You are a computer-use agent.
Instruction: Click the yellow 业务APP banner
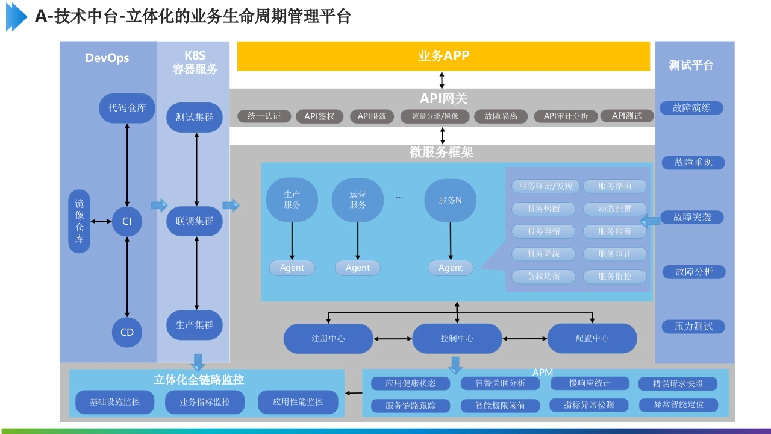pos(443,56)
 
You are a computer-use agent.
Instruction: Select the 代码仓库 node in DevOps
pos(126,108)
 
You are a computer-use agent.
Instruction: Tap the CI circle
pos(126,221)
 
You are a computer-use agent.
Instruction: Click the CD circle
pos(126,332)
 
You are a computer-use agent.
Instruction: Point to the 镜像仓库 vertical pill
pos(79,221)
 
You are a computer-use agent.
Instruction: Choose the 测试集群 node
pos(195,117)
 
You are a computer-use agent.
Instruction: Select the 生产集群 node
pos(195,325)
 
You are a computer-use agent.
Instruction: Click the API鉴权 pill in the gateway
pos(319,116)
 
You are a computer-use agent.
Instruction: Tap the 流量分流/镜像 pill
pos(435,116)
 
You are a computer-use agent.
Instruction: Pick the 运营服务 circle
pos(358,200)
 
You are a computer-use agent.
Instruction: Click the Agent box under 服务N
pos(451,268)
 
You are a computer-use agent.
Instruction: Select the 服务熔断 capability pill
pos(543,209)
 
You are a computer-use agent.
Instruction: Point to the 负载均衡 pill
pos(543,276)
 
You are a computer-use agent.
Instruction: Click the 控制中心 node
pos(457,338)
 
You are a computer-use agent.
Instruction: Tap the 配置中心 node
pos(592,338)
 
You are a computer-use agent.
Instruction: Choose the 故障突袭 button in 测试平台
pos(692,217)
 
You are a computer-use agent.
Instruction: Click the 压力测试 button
pos(693,326)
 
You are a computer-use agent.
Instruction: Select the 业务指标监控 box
pos(205,402)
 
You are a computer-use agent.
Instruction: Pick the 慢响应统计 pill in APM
pos(590,383)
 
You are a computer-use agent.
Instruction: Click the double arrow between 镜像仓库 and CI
pos(101,221)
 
